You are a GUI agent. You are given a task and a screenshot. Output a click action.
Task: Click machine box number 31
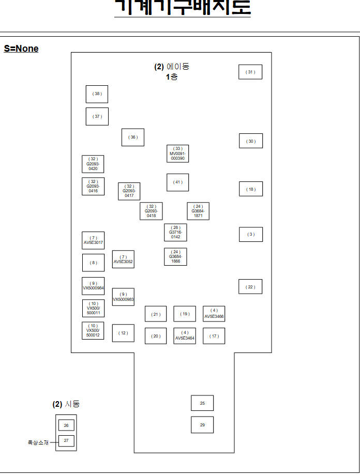click(x=250, y=72)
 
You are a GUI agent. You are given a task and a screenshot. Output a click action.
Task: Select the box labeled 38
click(x=97, y=94)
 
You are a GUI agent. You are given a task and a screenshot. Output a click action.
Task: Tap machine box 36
click(x=133, y=137)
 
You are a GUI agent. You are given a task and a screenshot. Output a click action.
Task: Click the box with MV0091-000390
click(x=177, y=154)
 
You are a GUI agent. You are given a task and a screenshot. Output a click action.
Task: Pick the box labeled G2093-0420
click(x=93, y=164)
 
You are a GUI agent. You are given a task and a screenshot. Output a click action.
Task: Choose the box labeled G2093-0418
click(x=151, y=211)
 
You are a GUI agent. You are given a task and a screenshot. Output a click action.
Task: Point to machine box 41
click(x=177, y=182)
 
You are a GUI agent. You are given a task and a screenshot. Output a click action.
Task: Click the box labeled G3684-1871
click(x=198, y=211)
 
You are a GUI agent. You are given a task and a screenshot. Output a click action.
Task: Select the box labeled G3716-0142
click(x=175, y=233)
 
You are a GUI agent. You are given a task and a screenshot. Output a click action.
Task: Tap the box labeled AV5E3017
click(x=93, y=240)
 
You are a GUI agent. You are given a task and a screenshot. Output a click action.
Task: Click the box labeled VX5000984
click(x=93, y=286)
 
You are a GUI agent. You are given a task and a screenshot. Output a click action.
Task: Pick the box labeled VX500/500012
click(x=93, y=330)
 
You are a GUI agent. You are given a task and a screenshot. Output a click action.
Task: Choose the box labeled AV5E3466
click(x=214, y=314)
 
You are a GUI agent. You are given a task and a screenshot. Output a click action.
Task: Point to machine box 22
click(x=250, y=287)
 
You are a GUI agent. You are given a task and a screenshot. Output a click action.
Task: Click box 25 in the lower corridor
click(x=202, y=403)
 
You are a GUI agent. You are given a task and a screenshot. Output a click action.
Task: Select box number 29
click(x=202, y=425)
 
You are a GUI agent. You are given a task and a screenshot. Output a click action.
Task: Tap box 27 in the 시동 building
click(x=66, y=441)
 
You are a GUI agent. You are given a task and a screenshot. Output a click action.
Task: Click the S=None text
click(x=21, y=49)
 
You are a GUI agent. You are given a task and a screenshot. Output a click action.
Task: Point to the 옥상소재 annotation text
click(x=38, y=442)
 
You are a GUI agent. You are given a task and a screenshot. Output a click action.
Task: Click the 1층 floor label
click(x=172, y=76)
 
